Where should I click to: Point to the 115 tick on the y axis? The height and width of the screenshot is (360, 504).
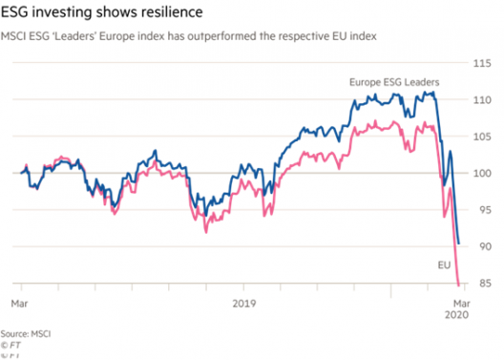pos(482,63)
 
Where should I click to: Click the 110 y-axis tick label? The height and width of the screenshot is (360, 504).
pos(482,99)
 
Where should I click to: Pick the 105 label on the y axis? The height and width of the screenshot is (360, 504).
pos(482,137)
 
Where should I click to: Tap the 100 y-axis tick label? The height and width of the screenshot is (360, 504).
pos(482,173)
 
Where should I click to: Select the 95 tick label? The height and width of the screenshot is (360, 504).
pos(484,210)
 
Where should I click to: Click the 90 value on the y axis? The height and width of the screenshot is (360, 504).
pos(484,246)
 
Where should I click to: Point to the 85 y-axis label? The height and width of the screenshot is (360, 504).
pos(484,284)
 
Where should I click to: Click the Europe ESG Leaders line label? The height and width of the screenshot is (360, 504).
pos(394,82)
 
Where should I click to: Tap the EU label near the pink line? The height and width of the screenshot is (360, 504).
pos(444,265)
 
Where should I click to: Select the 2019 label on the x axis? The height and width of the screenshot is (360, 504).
pos(244,304)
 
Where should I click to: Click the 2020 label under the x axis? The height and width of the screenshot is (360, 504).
pos(456,315)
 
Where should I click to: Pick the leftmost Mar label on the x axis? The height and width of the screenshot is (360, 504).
pos(19,304)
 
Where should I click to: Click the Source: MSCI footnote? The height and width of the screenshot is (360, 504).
pos(26,333)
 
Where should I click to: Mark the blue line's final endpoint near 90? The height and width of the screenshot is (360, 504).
pos(459,244)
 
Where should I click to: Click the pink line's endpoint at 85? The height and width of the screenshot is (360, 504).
pos(459,285)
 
